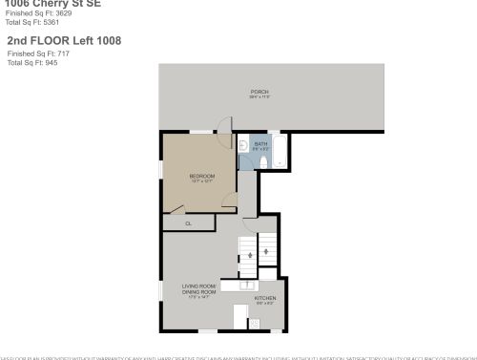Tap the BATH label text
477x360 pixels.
260,144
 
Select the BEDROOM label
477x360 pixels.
201,176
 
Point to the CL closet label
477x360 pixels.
188,223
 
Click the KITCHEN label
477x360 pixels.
264,298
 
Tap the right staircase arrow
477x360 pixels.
267,252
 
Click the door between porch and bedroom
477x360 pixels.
224,129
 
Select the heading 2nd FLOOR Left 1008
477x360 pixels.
63,42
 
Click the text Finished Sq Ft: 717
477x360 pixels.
32,54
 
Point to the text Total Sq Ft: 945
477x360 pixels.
29,61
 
